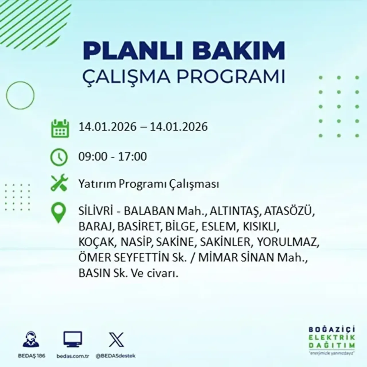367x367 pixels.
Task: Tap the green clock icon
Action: coord(59,157)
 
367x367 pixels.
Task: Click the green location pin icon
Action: coord(58,212)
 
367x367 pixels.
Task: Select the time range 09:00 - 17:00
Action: coord(113,157)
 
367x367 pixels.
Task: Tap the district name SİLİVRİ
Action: coord(95,211)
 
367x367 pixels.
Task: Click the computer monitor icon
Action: coord(73,339)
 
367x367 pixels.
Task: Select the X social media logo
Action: coord(116,340)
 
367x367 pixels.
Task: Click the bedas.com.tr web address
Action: coord(73,356)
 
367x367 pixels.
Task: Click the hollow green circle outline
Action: coord(20,95)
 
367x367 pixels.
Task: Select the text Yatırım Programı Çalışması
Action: coord(149,184)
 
